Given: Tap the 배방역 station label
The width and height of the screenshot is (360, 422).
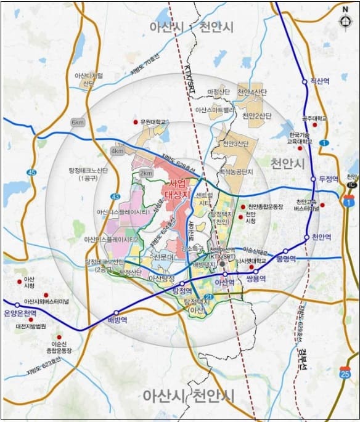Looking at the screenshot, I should [x=117, y=320].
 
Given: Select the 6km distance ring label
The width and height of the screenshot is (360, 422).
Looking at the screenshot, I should [x=78, y=123].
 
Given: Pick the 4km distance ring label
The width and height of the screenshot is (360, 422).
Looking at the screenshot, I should [x=117, y=150].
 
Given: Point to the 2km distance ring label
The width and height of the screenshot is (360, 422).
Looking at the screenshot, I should [x=146, y=174].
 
